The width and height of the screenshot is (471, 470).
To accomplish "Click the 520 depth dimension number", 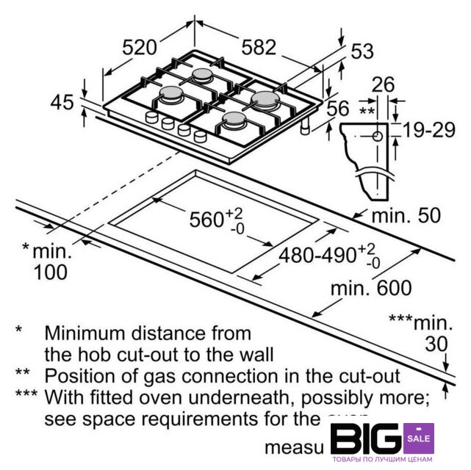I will (140, 48).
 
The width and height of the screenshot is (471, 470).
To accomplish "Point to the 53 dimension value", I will (362, 51).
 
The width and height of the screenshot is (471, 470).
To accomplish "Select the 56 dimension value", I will (337, 109).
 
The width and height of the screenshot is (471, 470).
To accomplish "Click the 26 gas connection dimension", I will (383, 84).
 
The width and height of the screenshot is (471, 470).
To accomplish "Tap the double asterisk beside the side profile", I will (367, 111).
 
